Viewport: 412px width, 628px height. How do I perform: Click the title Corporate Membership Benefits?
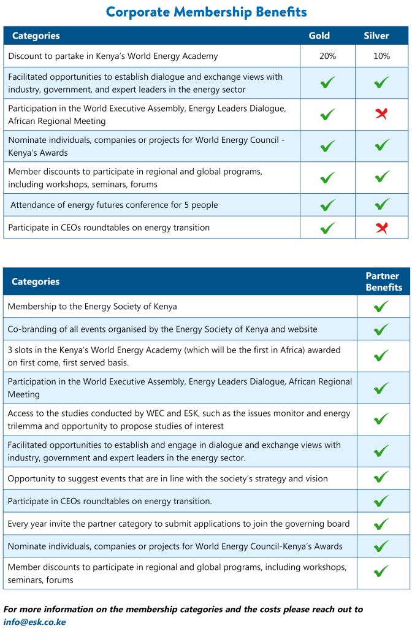(x=206, y=12)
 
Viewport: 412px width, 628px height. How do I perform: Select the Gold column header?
(x=319, y=36)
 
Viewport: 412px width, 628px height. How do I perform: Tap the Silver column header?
(x=376, y=36)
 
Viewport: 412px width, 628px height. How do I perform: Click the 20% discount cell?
(x=327, y=56)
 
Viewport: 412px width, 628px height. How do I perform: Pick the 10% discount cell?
(x=381, y=56)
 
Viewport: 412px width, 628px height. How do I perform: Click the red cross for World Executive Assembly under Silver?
(x=381, y=114)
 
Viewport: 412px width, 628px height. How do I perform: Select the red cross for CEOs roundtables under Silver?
(x=381, y=228)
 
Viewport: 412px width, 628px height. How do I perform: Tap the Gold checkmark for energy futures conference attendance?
(x=328, y=205)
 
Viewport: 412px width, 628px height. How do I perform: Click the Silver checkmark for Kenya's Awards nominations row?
(x=381, y=146)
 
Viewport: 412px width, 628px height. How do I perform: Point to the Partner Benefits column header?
(x=384, y=281)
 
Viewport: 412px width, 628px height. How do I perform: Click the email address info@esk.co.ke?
(x=34, y=622)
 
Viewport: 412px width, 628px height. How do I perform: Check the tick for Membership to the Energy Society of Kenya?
(x=381, y=306)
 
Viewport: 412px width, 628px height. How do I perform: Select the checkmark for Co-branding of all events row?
(x=381, y=329)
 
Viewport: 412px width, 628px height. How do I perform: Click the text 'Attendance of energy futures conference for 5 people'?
(x=114, y=205)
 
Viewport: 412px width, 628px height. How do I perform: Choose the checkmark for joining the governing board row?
(x=381, y=524)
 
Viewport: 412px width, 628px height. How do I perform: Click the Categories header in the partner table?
(x=36, y=281)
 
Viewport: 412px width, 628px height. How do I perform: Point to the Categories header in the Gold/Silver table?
(x=36, y=36)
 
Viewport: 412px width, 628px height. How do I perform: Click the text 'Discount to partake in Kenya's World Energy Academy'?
(x=113, y=56)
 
